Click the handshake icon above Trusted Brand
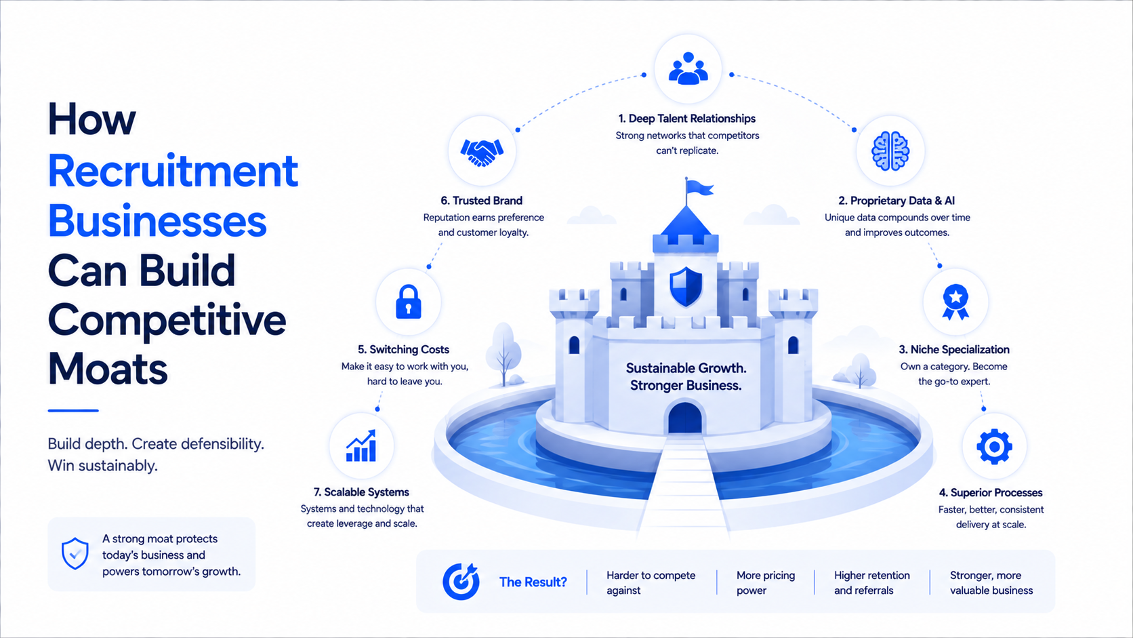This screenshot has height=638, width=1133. click(482, 152)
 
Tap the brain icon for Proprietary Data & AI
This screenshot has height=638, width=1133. click(890, 151)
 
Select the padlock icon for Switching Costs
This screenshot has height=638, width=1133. click(408, 302)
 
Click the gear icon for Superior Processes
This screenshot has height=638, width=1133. click(994, 446)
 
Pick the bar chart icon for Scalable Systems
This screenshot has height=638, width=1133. click(361, 445)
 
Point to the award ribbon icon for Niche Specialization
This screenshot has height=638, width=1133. click(955, 302)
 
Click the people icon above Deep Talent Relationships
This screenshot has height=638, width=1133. click(688, 68)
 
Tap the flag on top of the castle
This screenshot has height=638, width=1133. click(700, 187)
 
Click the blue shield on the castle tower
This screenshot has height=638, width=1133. click(686, 287)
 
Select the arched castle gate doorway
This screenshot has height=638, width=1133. click(685, 418)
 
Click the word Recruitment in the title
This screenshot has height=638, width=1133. click(173, 170)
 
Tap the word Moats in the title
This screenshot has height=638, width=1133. click(108, 369)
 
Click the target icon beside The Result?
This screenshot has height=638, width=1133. click(461, 581)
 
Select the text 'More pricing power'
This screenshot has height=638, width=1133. click(765, 582)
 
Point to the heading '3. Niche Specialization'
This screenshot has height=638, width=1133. click(954, 349)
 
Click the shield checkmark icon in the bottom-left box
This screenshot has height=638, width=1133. click(75, 553)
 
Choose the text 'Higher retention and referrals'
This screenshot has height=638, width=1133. click(871, 582)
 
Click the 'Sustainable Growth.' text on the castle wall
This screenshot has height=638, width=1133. click(686, 368)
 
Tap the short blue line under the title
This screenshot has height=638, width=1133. click(73, 410)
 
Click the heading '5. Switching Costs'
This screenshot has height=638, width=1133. click(403, 349)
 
